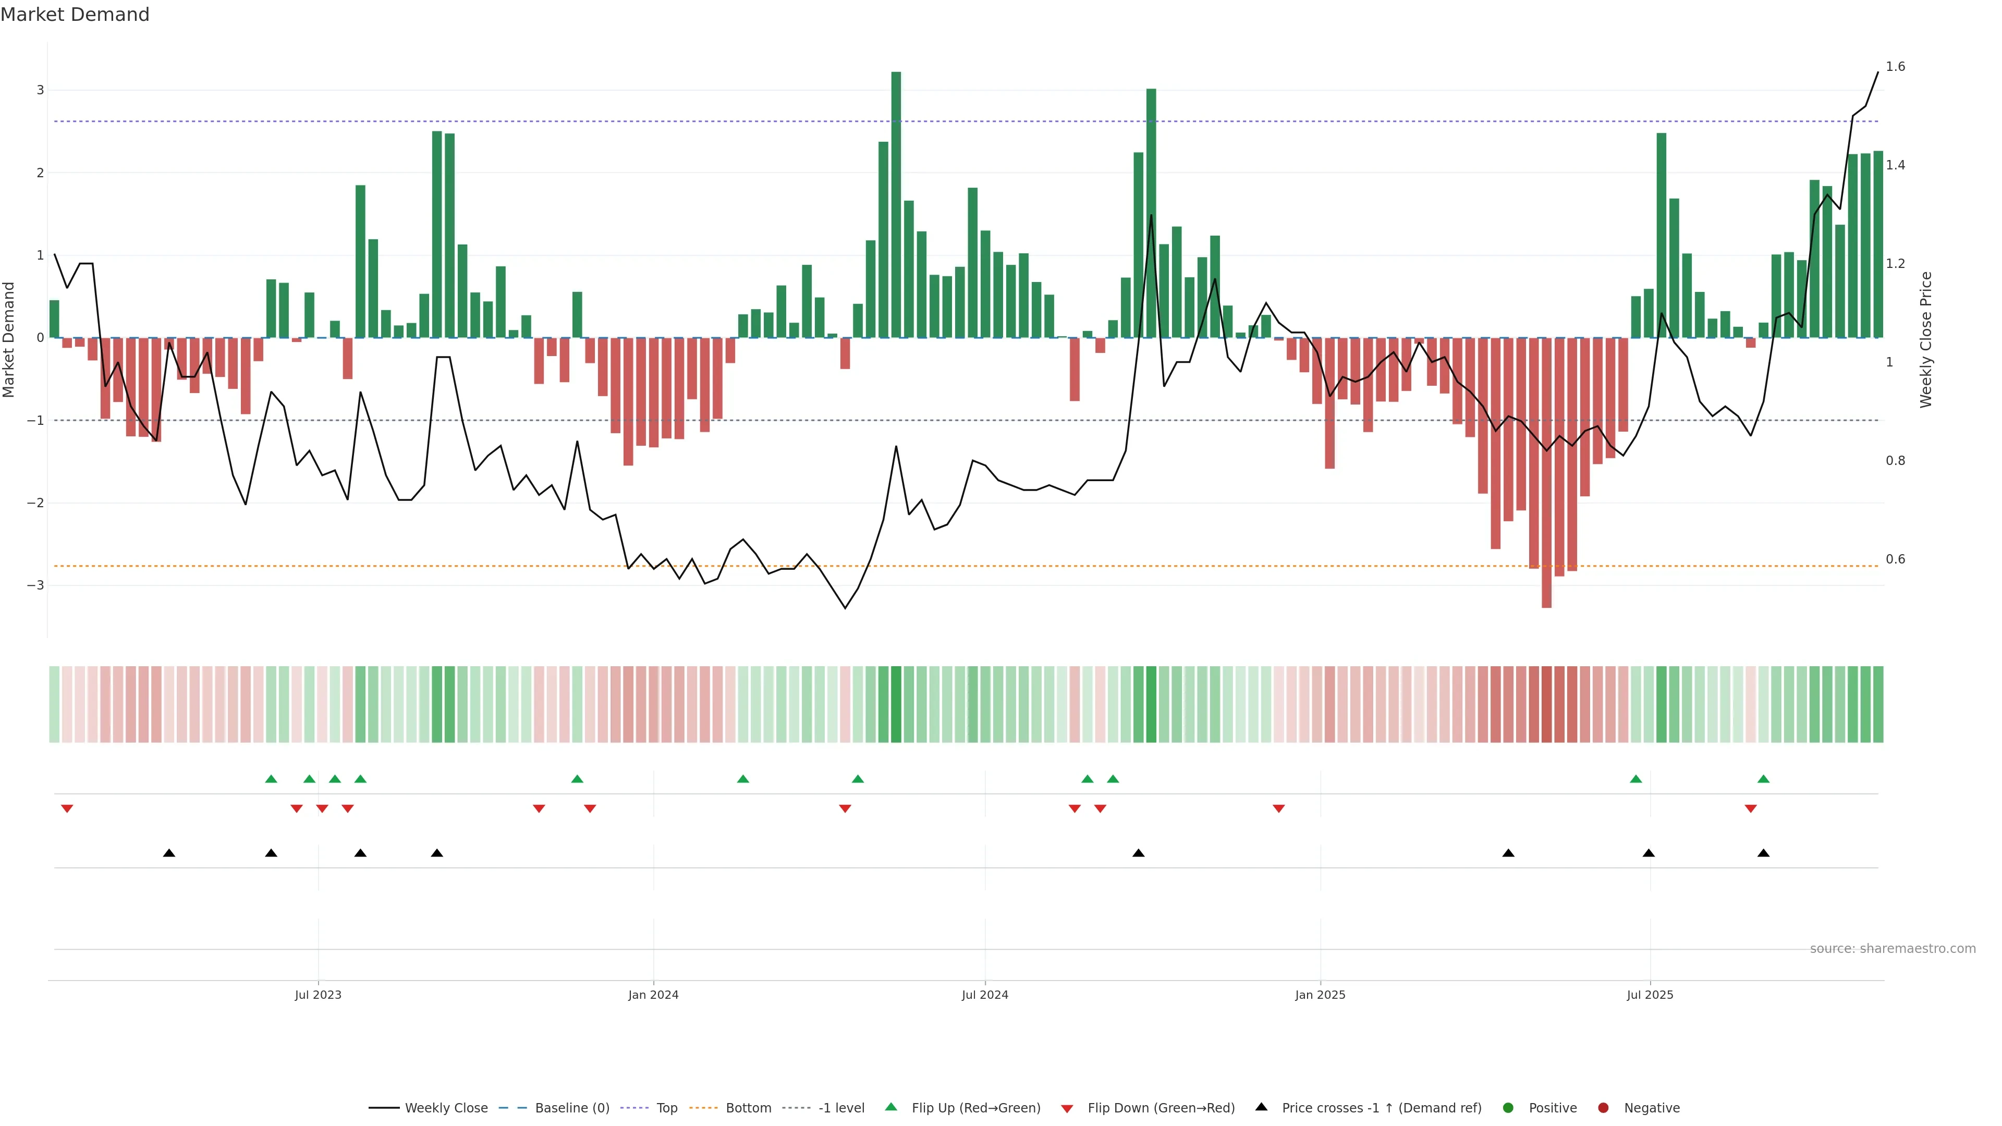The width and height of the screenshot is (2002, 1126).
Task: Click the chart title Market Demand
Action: pyautogui.click(x=75, y=15)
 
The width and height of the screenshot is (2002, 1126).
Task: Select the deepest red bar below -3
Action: pyautogui.click(x=1546, y=474)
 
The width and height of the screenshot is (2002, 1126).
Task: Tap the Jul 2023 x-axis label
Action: pyautogui.click(x=318, y=995)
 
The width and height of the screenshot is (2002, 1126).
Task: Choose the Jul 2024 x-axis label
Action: pyautogui.click(x=985, y=995)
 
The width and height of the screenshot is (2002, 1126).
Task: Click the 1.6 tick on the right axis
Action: pyautogui.click(x=1896, y=67)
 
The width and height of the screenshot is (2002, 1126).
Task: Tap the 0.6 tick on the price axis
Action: pyautogui.click(x=1896, y=559)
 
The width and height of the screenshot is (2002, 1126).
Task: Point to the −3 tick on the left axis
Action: pyautogui.click(x=35, y=585)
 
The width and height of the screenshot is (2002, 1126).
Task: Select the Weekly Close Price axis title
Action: pyautogui.click(x=1926, y=339)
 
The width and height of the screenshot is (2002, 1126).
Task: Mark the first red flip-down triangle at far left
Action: pyautogui.click(x=67, y=809)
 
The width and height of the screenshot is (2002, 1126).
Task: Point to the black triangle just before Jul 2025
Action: pyautogui.click(x=1649, y=853)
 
